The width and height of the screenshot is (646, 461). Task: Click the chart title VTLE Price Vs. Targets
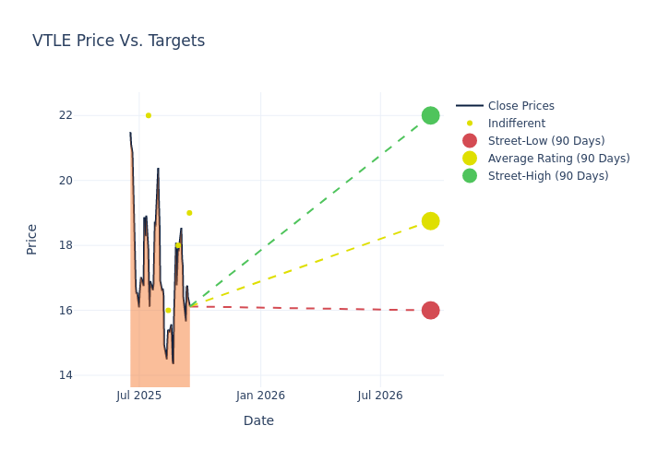click(118, 41)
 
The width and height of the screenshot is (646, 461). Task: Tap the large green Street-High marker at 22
click(430, 115)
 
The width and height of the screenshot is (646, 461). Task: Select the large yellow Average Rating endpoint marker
click(430, 221)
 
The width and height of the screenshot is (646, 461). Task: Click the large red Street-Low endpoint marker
click(430, 311)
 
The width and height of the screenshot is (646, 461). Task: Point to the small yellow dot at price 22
click(148, 115)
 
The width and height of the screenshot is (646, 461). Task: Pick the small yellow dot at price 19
click(189, 213)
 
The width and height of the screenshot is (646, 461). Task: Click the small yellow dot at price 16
click(168, 311)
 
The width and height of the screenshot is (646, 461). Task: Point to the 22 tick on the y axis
click(90, 115)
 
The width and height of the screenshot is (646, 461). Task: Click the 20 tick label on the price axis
click(90, 181)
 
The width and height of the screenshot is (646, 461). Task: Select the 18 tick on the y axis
click(90, 245)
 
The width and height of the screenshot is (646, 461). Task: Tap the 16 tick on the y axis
click(90, 311)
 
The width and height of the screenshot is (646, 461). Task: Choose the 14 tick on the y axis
click(90, 375)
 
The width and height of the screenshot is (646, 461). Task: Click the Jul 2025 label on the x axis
click(139, 396)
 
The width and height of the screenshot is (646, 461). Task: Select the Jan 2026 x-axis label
click(260, 396)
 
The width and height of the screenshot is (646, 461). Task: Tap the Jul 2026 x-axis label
click(380, 396)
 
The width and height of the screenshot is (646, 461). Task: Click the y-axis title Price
click(32, 239)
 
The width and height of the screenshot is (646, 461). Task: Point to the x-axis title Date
click(258, 420)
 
